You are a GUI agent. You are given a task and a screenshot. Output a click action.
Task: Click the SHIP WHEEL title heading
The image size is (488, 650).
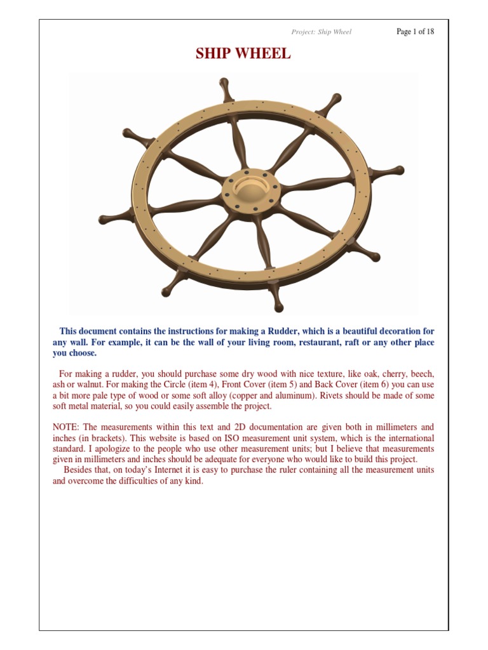tap(243, 55)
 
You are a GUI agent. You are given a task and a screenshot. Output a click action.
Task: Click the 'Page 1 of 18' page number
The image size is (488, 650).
tap(415, 32)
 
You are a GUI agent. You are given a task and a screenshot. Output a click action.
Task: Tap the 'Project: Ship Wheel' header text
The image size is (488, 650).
tap(321, 32)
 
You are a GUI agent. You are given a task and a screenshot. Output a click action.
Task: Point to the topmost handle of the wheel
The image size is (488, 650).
tap(224, 86)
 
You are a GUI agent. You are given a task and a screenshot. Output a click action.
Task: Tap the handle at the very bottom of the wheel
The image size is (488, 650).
tap(277, 307)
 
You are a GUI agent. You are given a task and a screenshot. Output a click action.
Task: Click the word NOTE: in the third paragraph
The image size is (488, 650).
tap(67, 427)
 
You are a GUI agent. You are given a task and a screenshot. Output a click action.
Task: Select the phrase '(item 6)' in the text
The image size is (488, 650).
tap(398, 385)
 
